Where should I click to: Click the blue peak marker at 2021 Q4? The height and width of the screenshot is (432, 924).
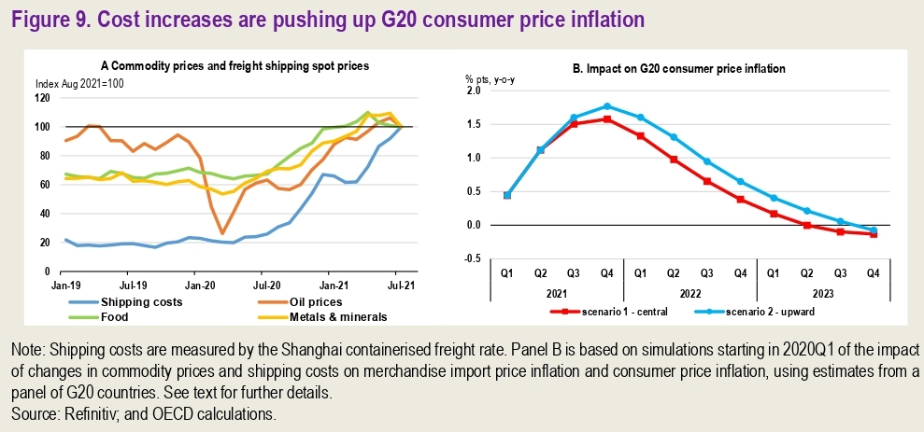click(607, 106)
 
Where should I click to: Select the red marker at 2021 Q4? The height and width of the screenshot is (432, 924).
click(607, 119)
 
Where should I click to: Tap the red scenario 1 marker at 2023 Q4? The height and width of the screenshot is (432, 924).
click(874, 234)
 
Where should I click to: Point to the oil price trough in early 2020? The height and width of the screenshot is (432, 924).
click(222, 233)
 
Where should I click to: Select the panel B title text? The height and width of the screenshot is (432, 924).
click(677, 68)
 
